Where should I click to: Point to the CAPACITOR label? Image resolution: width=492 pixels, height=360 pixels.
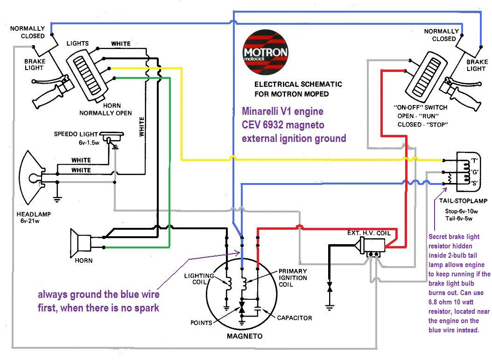coord(294,318)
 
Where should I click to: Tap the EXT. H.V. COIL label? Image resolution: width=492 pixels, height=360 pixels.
coord(372,233)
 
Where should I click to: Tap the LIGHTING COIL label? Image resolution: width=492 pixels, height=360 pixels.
coord(199,279)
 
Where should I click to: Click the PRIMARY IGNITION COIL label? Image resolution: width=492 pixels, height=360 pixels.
coord(293,278)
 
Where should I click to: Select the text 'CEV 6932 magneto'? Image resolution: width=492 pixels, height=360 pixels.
coord(283,125)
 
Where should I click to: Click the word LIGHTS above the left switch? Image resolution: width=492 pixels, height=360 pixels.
coord(77,43)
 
